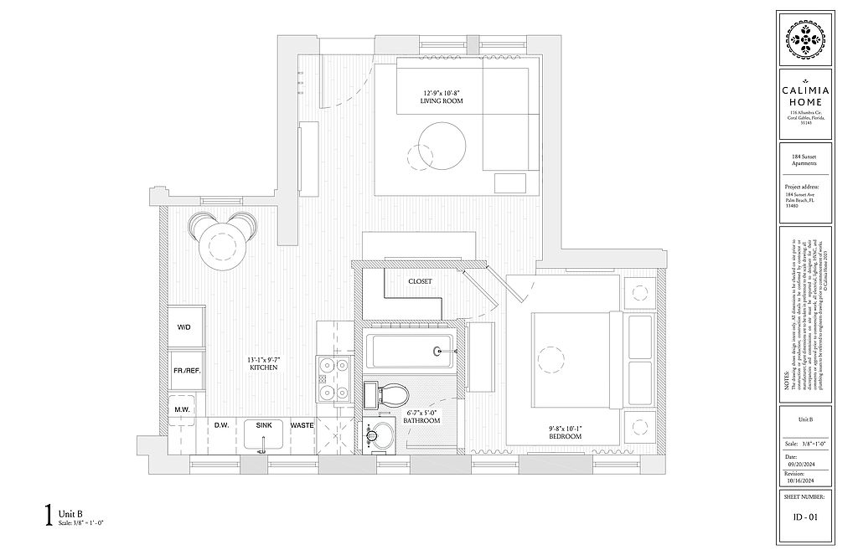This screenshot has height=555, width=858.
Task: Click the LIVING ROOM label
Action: pyautogui.click(x=441, y=101)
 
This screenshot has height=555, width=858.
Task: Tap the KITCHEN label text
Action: pyautogui.click(x=263, y=367)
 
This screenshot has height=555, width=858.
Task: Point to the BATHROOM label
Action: pyautogui.click(x=421, y=420)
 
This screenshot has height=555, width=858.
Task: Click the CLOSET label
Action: pyautogui.click(x=420, y=282)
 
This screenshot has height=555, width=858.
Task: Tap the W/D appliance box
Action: pyautogui.click(x=184, y=327)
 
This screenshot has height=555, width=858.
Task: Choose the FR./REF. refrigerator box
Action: pyautogui.click(x=184, y=370)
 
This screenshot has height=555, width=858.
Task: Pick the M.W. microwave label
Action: pyautogui.click(x=181, y=409)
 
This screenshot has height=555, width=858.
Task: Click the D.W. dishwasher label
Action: pyautogui.click(x=221, y=425)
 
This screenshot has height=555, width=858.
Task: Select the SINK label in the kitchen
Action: pyautogui.click(x=263, y=425)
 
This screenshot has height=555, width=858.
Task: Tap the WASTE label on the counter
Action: pyautogui.click(x=302, y=425)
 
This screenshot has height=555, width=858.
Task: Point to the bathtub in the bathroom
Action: pyautogui.click(x=411, y=352)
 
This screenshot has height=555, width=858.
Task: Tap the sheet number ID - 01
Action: pyautogui.click(x=804, y=516)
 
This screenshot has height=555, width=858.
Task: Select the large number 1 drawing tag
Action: pyautogui.click(x=49, y=512)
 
